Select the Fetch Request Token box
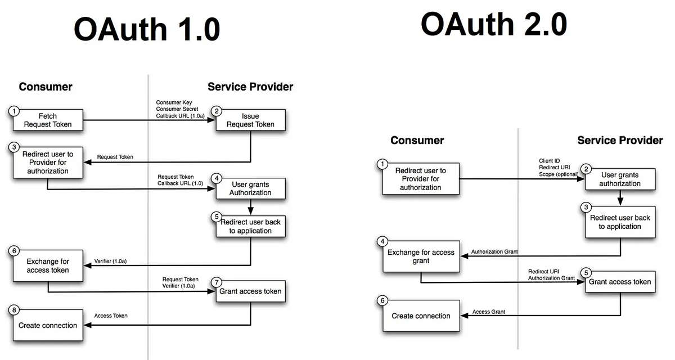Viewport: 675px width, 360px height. [48, 120]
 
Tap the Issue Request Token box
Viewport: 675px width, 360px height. [250, 120]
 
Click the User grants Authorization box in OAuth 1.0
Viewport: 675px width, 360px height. [250, 188]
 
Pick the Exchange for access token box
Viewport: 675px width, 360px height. [48, 265]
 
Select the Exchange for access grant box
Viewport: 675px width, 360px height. [421, 256]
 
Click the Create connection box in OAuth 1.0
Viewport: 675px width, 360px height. [48, 325]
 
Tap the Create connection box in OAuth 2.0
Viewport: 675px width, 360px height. [421, 316]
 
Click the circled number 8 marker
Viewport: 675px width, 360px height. [14, 310]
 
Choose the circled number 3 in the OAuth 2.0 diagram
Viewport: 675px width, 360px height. [586, 207]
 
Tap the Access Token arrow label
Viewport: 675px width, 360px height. [111, 316]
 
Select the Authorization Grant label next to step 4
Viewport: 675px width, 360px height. [494, 251]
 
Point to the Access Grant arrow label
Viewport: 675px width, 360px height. [488, 312]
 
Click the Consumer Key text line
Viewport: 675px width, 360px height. [174, 102]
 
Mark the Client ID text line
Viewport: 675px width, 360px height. [549, 161]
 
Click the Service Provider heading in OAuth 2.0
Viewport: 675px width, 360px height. [620, 140]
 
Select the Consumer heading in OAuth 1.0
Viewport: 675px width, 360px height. [46, 87]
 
